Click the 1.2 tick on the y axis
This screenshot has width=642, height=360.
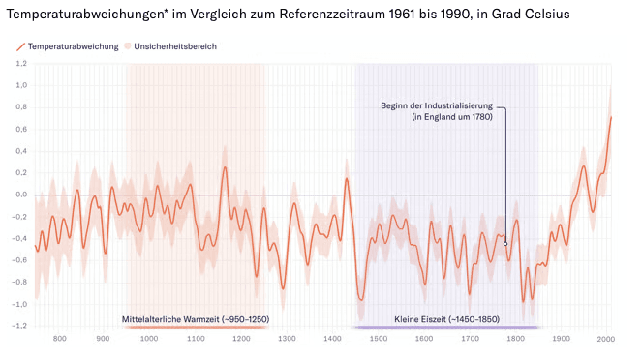point(21,64)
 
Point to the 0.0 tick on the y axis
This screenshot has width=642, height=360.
point(21,195)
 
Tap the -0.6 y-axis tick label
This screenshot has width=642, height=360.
point(20,260)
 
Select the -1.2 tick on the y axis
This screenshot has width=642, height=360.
point(20,326)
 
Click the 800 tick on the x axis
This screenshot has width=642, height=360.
point(59,339)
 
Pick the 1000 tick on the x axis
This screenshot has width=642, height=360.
point(149,339)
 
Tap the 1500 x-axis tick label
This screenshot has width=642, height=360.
point(379,339)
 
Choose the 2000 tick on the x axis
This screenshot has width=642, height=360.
point(606,339)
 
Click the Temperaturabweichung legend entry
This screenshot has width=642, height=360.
point(68,46)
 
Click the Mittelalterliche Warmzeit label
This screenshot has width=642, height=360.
point(195,318)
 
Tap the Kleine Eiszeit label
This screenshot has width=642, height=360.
point(445,318)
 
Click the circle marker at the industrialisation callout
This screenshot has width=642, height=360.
point(505,244)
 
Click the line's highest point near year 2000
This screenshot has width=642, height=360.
point(611,117)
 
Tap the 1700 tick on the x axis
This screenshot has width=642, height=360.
point(470,339)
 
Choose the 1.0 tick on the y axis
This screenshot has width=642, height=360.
point(21,85)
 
